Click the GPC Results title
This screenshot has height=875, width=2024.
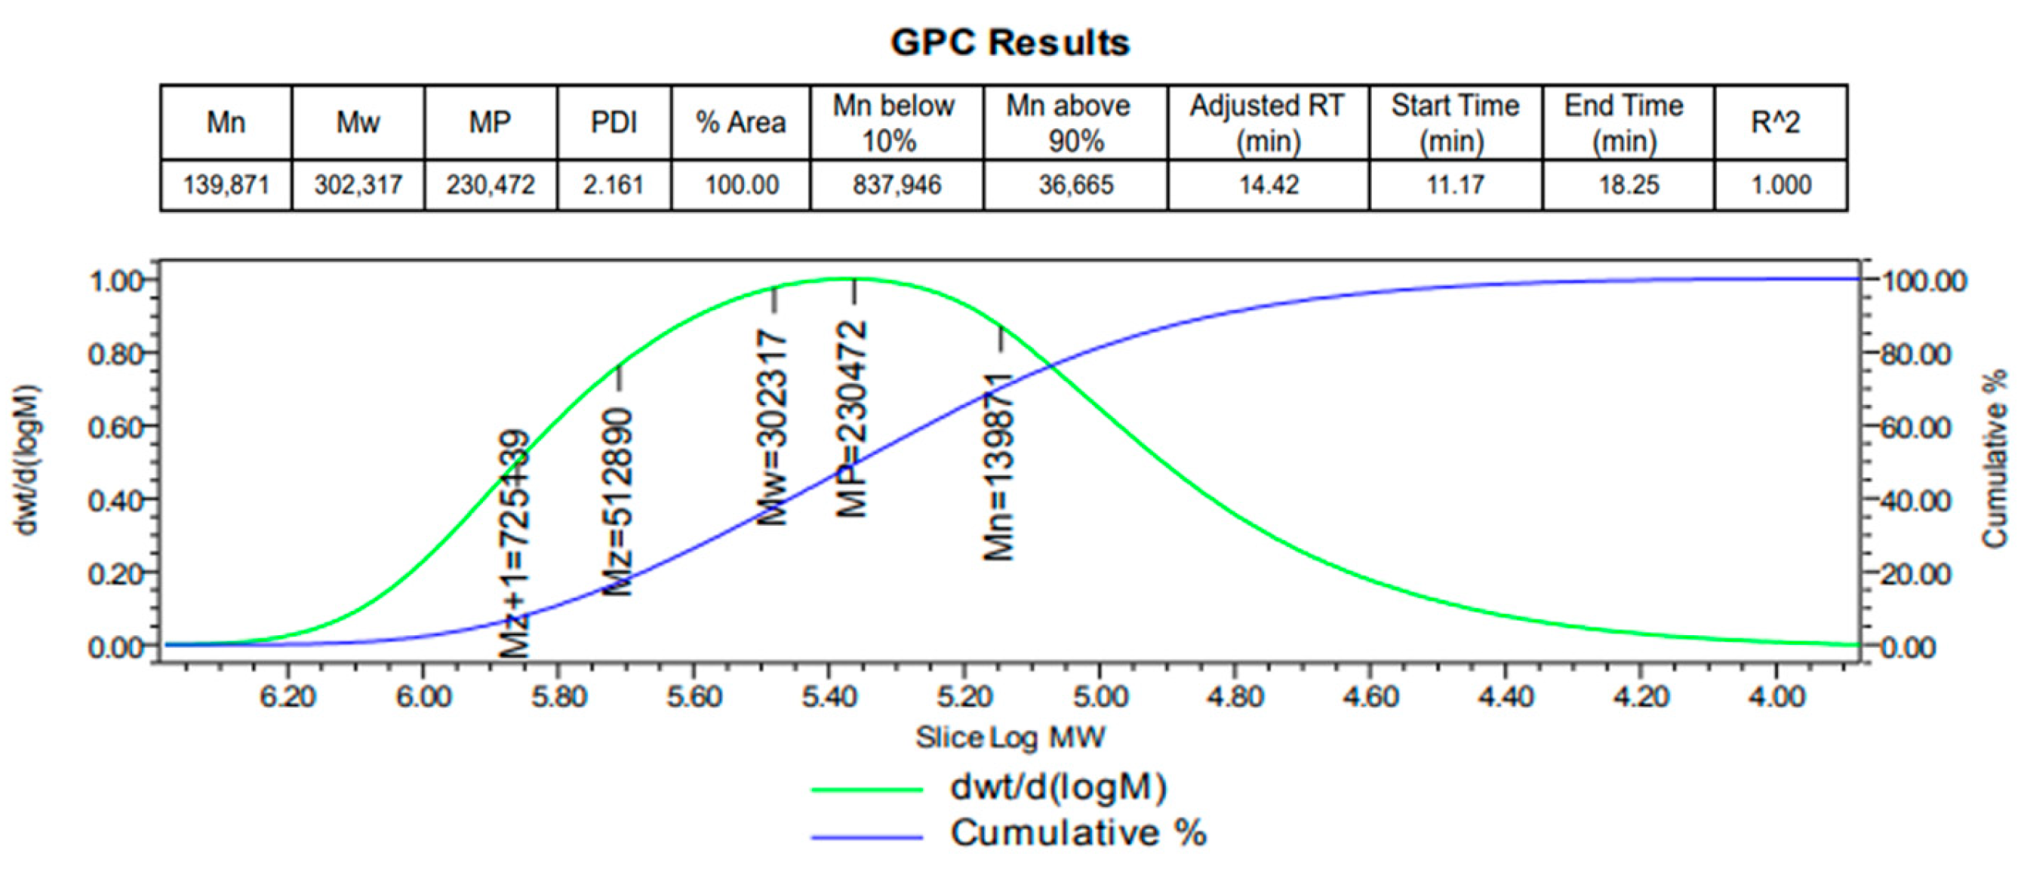click(1010, 42)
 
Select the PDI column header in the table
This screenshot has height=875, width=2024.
click(614, 122)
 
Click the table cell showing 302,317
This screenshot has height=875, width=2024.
click(358, 186)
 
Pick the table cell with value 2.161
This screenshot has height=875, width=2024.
click(614, 186)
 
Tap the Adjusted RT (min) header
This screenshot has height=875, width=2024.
click(1267, 122)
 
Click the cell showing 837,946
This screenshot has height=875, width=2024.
click(897, 186)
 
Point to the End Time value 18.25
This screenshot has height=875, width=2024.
click(1628, 186)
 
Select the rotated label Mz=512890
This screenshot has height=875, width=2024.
click(617, 502)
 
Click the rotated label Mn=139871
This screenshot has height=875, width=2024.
click(999, 467)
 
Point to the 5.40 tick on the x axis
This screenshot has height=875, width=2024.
click(829, 696)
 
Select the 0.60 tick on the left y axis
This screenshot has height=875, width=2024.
click(115, 427)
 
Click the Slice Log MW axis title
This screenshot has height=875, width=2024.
click(1010, 738)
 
